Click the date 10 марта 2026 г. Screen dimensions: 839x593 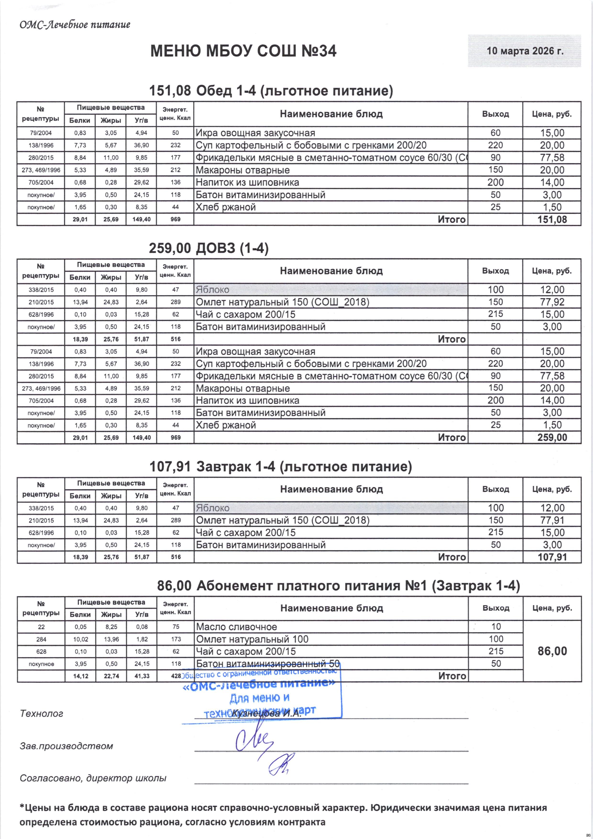tap(525, 51)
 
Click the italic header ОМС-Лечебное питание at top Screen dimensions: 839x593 tap(75, 25)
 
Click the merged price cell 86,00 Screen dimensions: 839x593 tap(552, 651)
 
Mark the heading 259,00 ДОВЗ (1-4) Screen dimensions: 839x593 tap(209, 249)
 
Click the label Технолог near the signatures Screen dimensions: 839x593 tap(41, 714)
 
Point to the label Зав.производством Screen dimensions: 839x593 tap(66, 746)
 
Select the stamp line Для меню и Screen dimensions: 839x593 tap(260, 698)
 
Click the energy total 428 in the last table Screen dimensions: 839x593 tap(176, 676)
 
